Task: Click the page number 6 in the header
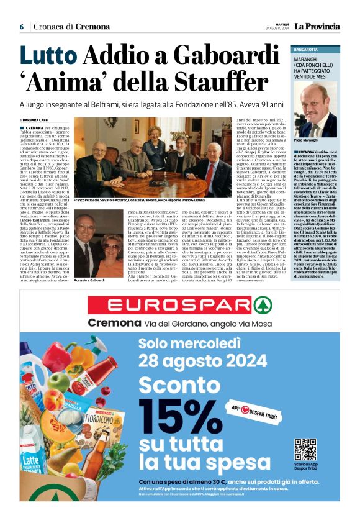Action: (x=22, y=27)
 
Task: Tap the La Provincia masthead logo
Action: (x=317, y=26)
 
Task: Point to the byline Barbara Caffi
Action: (x=39, y=120)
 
